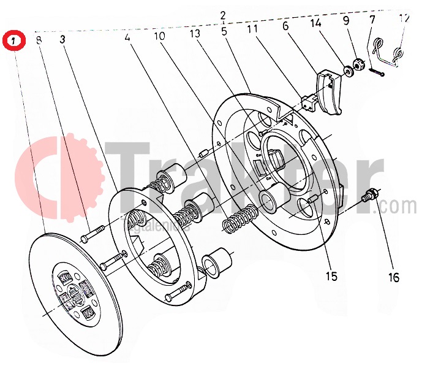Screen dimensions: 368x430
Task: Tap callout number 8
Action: click(x=39, y=41)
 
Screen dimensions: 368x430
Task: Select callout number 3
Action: click(x=63, y=39)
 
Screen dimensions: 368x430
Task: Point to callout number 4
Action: click(x=127, y=37)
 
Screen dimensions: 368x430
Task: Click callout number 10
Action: click(x=159, y=37)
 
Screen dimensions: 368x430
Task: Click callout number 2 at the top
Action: click(x=223, y=15)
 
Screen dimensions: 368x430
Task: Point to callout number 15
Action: click(x=331, y=276)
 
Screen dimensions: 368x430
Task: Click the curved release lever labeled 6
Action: click(x=331, y=92)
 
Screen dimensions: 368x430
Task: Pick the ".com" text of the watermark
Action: click(x=399, y=205)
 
